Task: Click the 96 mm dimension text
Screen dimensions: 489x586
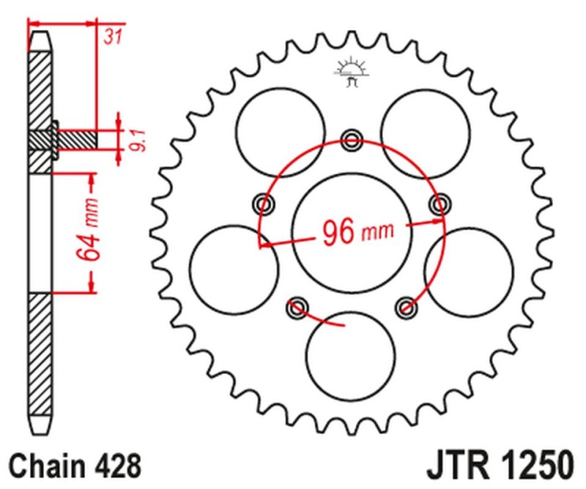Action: click(x=356, y=233)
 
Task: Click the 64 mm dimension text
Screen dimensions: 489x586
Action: click(x=90, y=233)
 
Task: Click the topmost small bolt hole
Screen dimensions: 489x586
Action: click(x=351, y=139)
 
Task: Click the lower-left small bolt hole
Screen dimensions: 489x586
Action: click(x=297, y=308)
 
